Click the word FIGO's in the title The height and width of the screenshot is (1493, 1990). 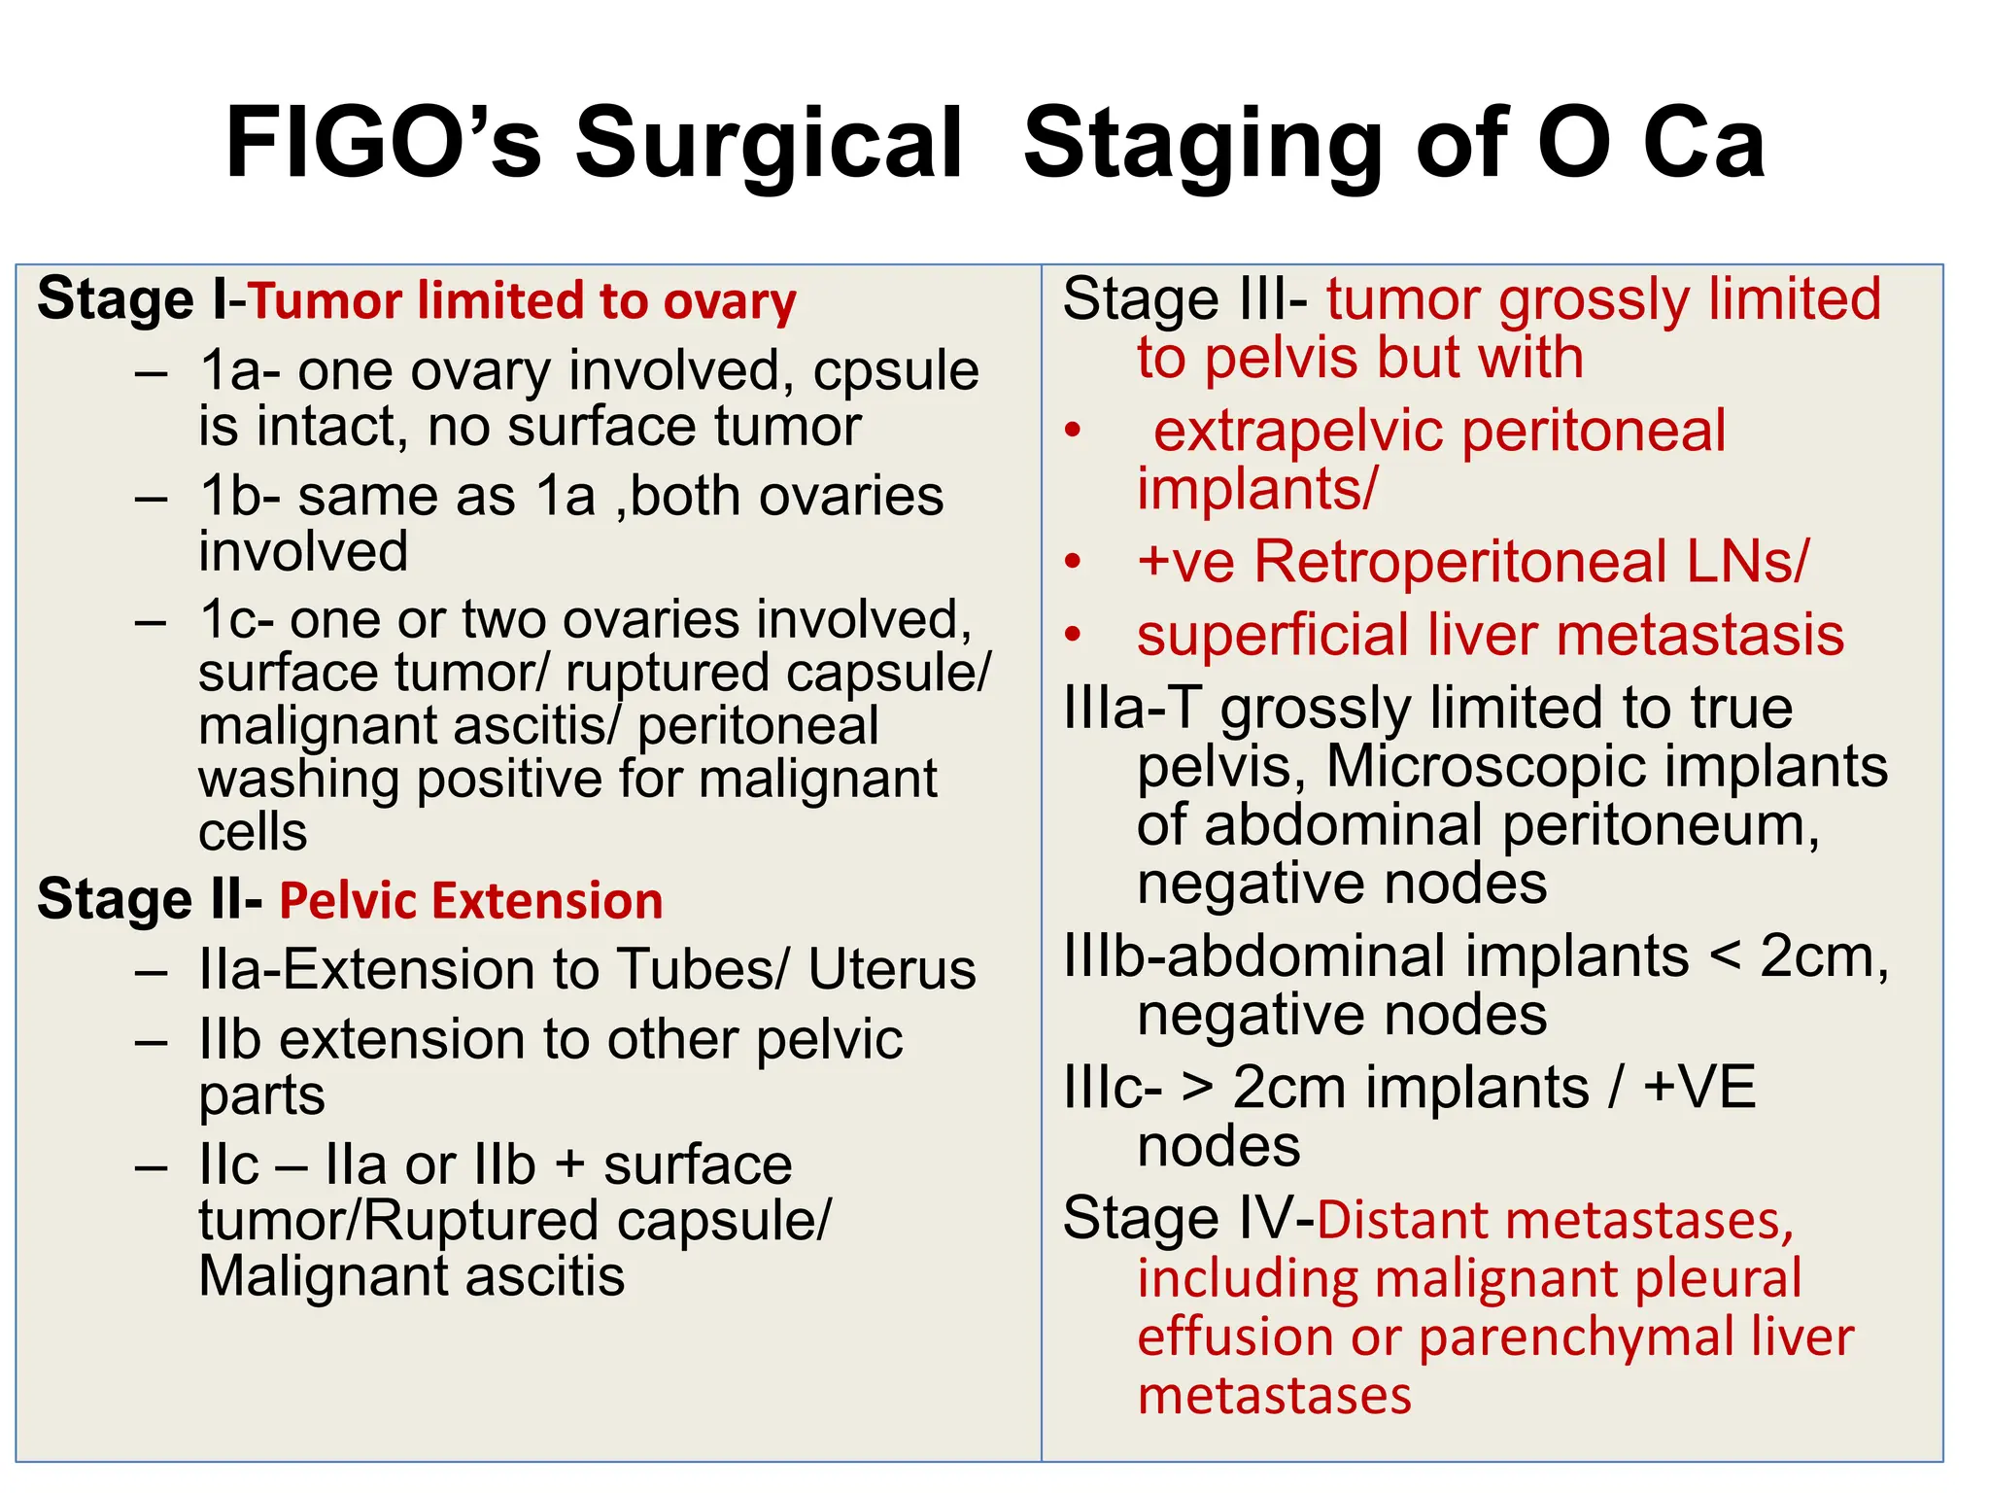(382, 143)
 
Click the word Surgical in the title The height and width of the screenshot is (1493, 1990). (768, 143)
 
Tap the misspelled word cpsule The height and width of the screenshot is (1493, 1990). (895, 370)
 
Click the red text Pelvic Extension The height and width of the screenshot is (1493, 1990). (471, 900)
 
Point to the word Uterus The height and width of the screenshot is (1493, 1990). (891, 970)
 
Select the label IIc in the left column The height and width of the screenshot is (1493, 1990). (229, 1164)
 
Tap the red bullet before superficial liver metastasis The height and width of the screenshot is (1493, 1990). (1073, 635)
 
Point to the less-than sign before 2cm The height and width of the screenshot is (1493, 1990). (1724, 956)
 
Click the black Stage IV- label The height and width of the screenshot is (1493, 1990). (1188, 1219)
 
